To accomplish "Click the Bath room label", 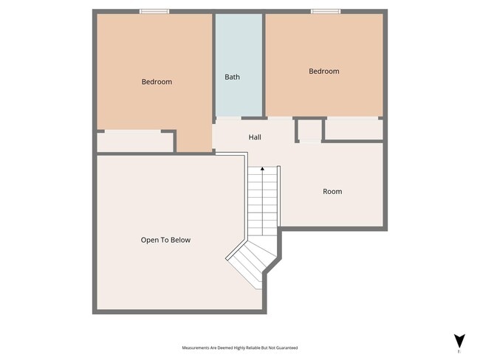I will click(x=232, y=77).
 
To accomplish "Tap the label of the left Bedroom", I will click(x=157, y=82).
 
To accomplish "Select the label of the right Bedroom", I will click(x=323, y=72).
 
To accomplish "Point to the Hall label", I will click(x=254, y=137).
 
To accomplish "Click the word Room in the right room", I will click(x=332, y=192).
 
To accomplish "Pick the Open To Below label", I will click(x=165, y=240).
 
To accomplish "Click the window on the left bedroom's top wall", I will click(x=154, y=11).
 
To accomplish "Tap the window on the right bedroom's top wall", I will click(x=325, y=11).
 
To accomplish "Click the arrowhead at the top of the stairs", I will click(x=262, y=169).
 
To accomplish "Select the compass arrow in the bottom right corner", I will click(x=459, y=341).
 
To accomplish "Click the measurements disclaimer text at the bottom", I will click(x=240, y=347).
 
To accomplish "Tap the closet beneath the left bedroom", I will click(x=135, y=142).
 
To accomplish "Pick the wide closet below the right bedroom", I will click(x=353, y=129).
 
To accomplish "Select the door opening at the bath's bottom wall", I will click(x=228, y=118).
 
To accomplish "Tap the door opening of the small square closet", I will click(x=309, y=141).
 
